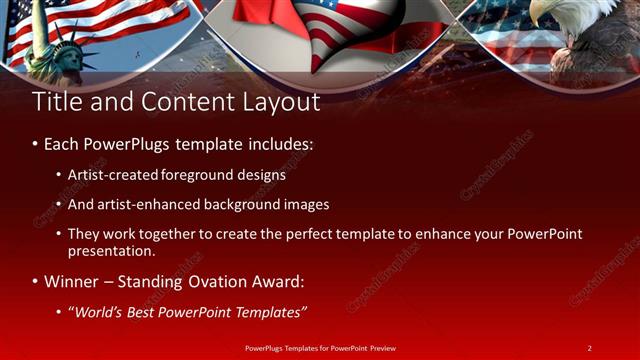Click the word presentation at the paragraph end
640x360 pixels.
105,252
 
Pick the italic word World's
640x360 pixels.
96,312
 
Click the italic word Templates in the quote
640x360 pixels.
267,312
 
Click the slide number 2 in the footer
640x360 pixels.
589,347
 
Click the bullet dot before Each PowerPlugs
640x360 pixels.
35,144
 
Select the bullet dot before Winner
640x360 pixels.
35,281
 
